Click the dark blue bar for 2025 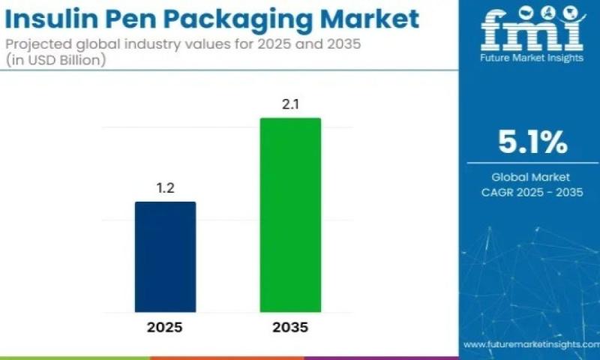165,256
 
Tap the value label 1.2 165,188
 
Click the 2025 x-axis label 165,328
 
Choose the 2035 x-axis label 290,328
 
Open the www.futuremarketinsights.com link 530,344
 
